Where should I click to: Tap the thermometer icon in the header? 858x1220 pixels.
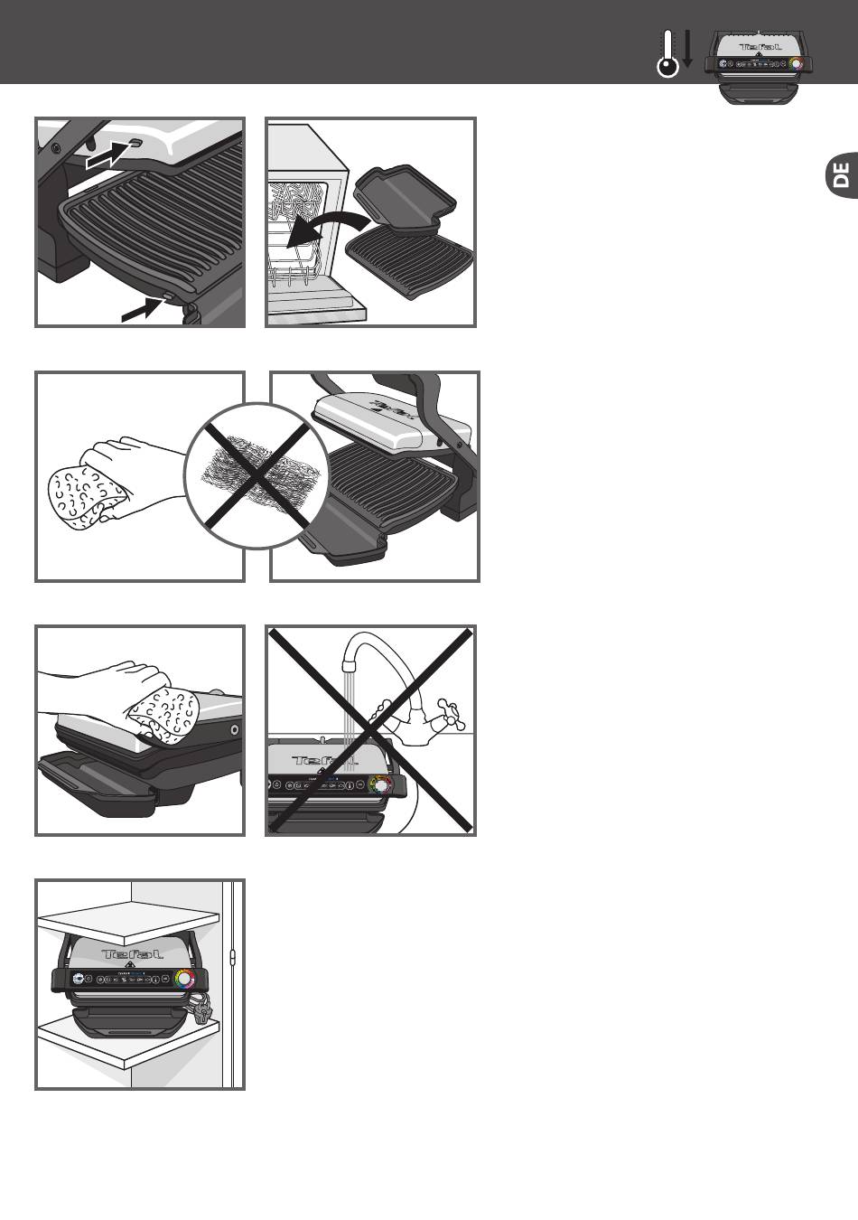click(x=667, y=53)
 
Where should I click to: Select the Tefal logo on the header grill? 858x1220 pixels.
click(x=758, y=45)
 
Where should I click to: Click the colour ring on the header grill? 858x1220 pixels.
click(x=796, y=64)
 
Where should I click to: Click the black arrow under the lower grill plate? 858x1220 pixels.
click(x=143, y=310)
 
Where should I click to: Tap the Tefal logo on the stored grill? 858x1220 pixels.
click(x=132, y=954)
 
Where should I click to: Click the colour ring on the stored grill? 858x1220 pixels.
click(x=184, y=979)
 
